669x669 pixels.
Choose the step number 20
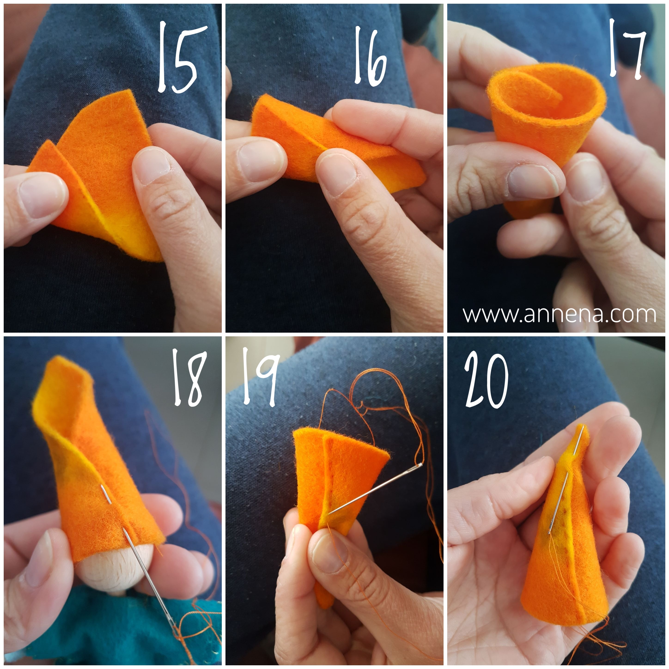click(x=486, y=381)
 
